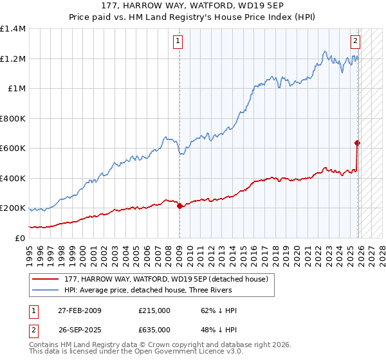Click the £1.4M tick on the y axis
click(13, 29)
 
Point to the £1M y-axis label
click(17, 89)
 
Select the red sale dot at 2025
click(358, 143)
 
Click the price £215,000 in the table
click(154, 310)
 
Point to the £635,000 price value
click(154, 330)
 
